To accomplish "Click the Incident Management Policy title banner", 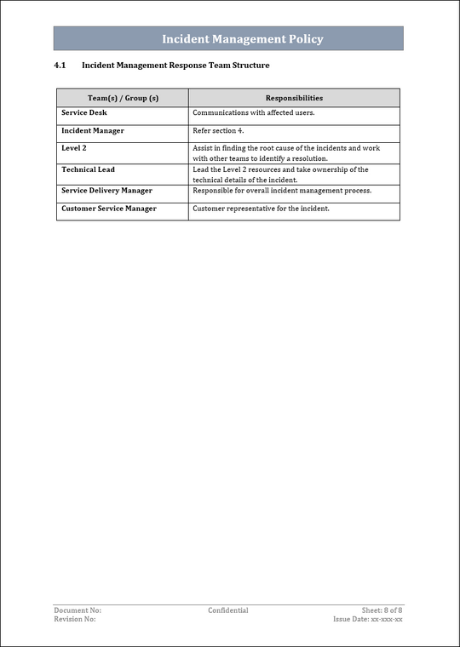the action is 243,39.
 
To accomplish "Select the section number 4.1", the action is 60,66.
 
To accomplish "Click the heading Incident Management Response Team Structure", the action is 175,66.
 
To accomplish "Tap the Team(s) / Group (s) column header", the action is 123,98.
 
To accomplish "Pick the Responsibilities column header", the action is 294,98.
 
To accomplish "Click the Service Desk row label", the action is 84,112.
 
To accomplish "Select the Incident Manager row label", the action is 93,130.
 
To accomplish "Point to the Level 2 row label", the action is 74,148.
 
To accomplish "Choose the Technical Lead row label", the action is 88,169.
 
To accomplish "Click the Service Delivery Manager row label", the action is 106,191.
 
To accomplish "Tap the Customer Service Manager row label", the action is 109,209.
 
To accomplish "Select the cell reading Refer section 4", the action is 218,130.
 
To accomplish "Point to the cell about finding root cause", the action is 286,153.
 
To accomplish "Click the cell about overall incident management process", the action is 282,191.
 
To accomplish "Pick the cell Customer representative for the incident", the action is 261,209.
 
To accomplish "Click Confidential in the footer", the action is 228,610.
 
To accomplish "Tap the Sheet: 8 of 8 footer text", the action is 382,610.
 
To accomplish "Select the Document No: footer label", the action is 78,610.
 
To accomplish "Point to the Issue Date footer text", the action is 368,619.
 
